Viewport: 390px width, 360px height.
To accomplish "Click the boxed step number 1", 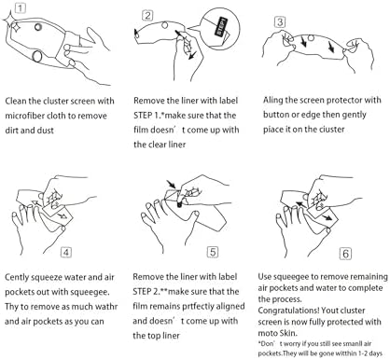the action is coord(20,7).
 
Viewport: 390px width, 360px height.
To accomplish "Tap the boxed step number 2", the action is coord(147,16).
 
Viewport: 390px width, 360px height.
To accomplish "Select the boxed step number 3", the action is coord(280,22).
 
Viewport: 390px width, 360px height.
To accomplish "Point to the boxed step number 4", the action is coord(66,252).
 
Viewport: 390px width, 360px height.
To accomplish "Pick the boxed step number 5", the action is coord(213,252).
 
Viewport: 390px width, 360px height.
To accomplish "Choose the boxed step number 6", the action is coord(345,254).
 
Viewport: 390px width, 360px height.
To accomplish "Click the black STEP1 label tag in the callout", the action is coord(221,27).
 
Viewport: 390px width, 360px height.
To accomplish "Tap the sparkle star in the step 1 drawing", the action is coord(13,22).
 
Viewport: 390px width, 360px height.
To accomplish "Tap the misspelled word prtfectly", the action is coord(198,307).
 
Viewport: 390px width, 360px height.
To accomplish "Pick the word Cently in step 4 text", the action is coord(16,277).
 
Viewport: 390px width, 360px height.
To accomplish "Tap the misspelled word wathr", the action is coord(106,307).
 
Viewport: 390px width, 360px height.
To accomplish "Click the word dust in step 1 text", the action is coord(46,130).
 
